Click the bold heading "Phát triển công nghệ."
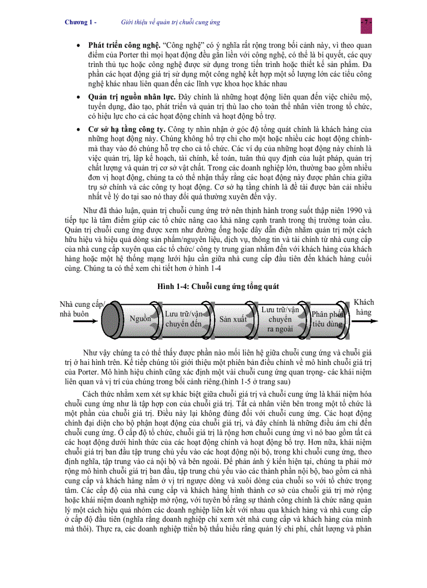point(117,46)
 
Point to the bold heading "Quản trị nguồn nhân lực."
point(125,97)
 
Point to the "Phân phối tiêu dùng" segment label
point(328,319)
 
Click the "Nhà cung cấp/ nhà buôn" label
point(82,309)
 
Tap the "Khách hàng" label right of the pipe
point(364,307)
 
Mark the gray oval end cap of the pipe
point(111,317)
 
